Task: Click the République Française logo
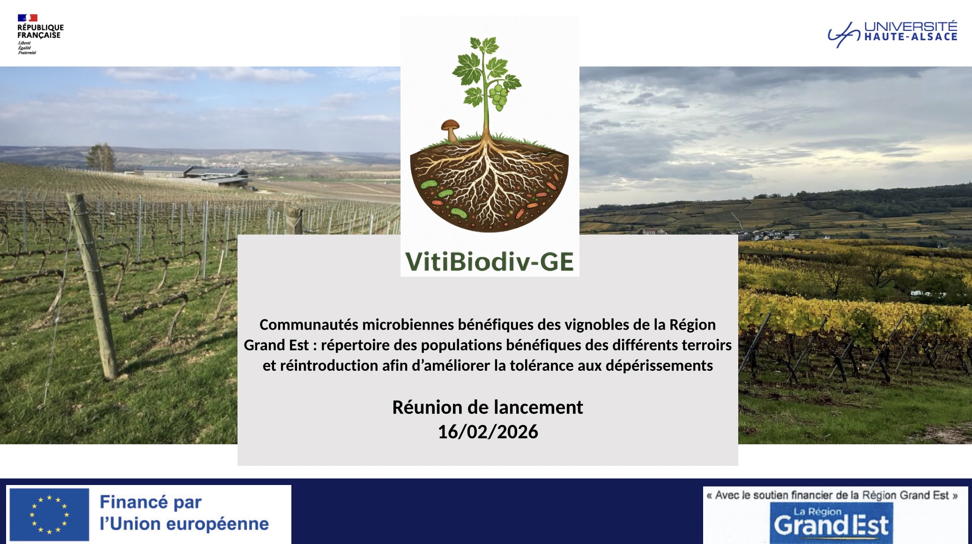[x=40, y=34]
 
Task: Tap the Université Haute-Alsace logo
[x=892, y=34]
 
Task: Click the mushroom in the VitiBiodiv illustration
[x=450, y=131]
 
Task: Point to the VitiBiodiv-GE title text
[x=490, y=261]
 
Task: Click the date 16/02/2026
[x=488, y=432]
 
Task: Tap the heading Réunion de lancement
[x=488, y=407]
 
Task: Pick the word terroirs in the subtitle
[x=706, y=345]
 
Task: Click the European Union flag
[x=49, y=515]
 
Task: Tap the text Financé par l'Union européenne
[x=184, y=513]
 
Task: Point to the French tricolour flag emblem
[x=27, y=18]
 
